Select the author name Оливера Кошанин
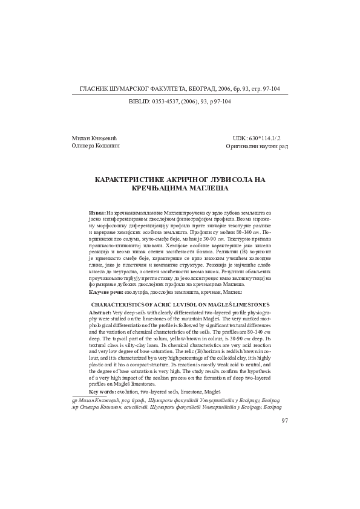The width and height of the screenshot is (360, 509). [94, 146]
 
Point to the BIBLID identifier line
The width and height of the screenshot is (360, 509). [180, 102]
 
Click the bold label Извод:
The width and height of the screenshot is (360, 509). [97, 213]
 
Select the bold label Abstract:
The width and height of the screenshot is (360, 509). [100, 311]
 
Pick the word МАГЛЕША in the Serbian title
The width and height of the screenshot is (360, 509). [209, 189]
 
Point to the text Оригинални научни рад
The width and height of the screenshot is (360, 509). [257, 146]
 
